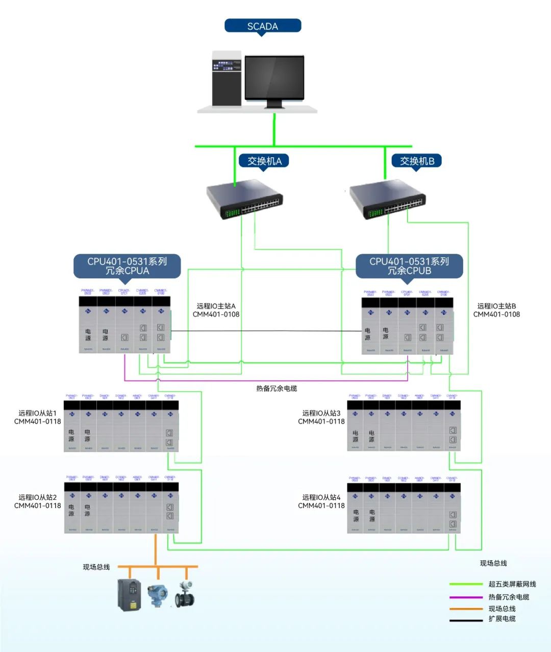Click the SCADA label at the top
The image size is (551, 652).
coord(263,26)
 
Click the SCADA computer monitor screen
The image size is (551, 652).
coord(274,78)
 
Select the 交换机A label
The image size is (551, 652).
coord(264,161)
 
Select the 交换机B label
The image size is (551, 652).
coord(417,161)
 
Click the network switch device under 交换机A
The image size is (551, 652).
coord(244,200)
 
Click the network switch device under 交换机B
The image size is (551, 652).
coord(387,200)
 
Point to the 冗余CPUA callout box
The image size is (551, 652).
coord(127,266)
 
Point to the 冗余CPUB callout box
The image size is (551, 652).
coord(409,266)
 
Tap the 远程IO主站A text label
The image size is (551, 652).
coord(216,310)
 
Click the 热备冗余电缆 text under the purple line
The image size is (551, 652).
coord(277,389)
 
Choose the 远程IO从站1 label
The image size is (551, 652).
coord(38,417)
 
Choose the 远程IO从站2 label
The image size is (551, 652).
coord(38,501)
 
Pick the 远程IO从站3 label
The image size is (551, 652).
coord(321,417)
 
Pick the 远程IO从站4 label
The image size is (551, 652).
coord(321,501)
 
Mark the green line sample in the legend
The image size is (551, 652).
coord(466,584)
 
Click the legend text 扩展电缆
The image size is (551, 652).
coord(502,619)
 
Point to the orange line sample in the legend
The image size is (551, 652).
coord(466,609)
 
